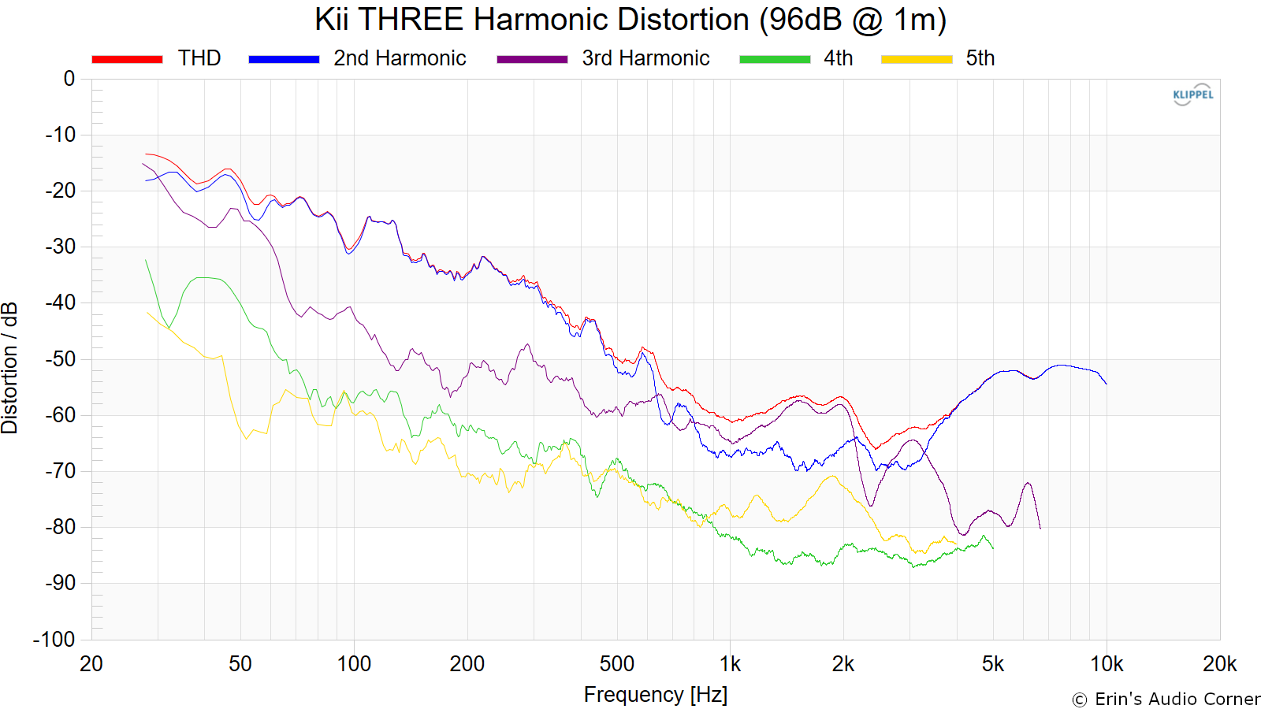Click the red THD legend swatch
tap(127, 59)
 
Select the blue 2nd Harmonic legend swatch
tap(284, 59)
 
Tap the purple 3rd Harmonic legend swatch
tap(532, 59)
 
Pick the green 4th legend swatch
tap(775, 59)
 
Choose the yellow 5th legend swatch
tap(917, 59)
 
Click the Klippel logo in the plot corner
tap(1192, 95)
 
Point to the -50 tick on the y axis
tap(61, 359)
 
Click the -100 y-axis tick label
tap(54, 640)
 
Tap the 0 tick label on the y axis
tap(69, 79)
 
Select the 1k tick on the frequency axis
tap(730, 664)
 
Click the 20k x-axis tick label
tap(1219, 664)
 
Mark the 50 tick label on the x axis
tap(240, 664)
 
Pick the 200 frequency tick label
tap(467, 664)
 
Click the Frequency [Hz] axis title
tap(655, 695)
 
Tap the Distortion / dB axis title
tap(10, 367)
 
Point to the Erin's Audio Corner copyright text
tap(1166, 699)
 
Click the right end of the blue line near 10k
tap(1107, 384)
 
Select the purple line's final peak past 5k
tap(1028, 483)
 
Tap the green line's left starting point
tap(146, 260)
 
